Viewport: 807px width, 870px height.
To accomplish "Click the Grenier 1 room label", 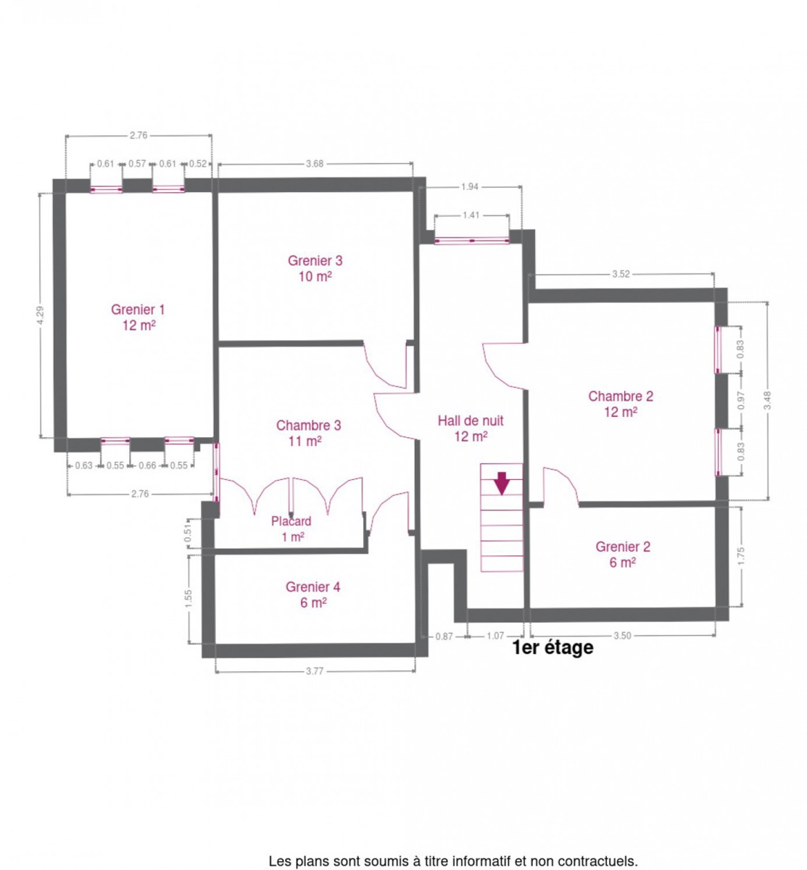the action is tap(138, 317).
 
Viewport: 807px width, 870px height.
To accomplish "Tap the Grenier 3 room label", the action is tap(315, 268).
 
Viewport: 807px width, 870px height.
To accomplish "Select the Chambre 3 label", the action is tap(308, 433).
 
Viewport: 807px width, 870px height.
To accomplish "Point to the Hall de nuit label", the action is tap(470, 428).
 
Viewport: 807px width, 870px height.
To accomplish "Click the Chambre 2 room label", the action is tap(620, 404).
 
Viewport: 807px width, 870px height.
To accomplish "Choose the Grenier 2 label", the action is tap(622, 554).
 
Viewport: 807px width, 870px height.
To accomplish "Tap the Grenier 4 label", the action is tap(313, 594).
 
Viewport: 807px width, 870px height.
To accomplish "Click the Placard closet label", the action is tap(291, 529).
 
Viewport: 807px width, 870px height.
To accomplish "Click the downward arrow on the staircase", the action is tap(501, 483).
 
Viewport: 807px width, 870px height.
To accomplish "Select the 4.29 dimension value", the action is tap(40, 315).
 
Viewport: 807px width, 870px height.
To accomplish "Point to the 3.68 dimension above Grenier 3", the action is tap(314, 164).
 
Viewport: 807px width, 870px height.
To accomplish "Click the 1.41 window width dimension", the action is tap(471, 215).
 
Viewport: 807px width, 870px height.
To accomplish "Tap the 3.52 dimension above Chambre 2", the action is tap(621, 274).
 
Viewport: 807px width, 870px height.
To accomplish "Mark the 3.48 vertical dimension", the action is tap(766, 400).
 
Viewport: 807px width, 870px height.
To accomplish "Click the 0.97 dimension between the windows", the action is tap(740, 400).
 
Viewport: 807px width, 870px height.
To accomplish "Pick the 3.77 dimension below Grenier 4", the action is tap(314, 671).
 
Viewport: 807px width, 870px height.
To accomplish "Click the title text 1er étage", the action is tap(553, 647).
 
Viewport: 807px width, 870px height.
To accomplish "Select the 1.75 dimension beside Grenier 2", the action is tap(741, 556).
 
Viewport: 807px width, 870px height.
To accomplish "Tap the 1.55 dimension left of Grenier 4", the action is tap(189, 598).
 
